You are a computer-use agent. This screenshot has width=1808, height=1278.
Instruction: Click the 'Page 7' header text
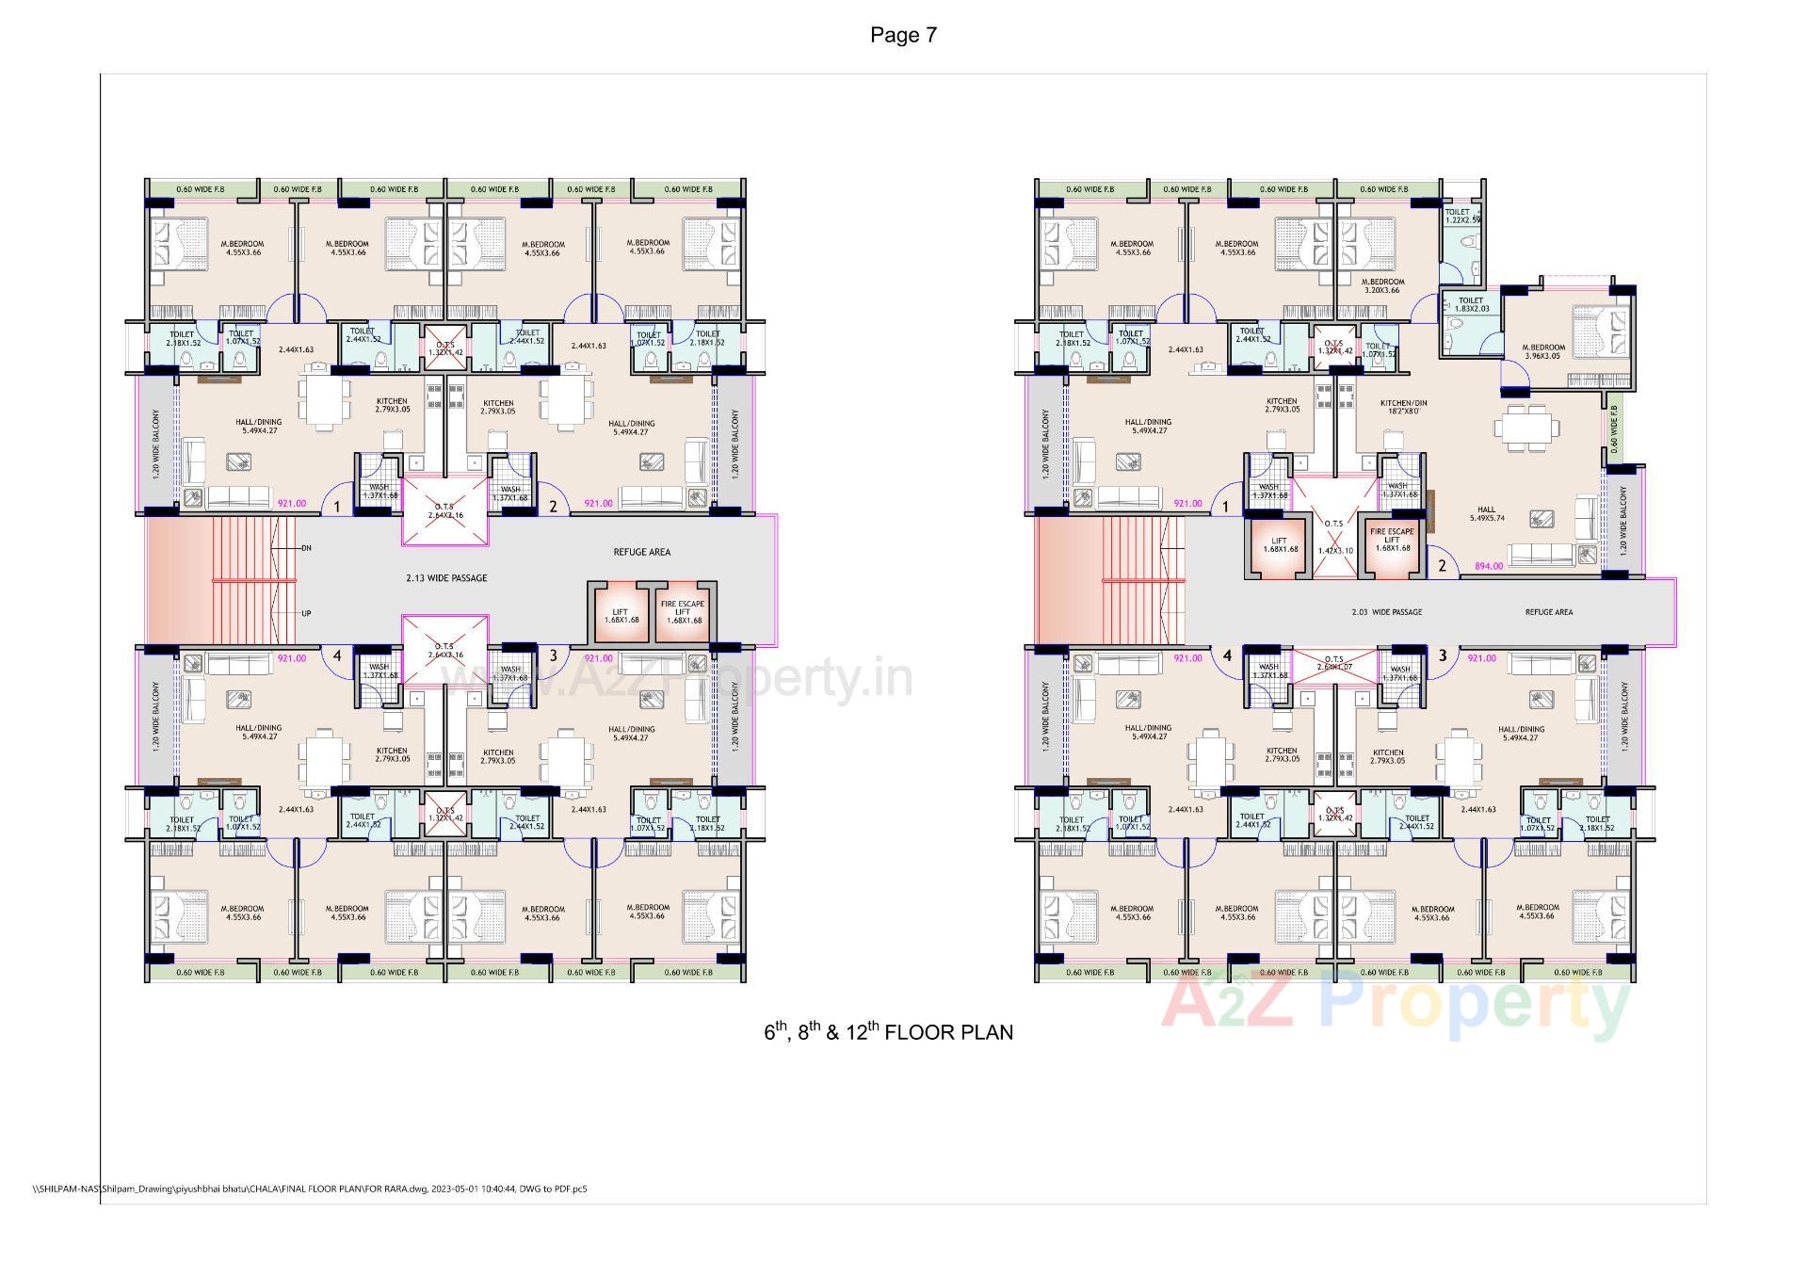[x=903, y=36]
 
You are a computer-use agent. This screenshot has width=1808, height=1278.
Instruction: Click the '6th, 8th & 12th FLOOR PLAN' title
[x=888, y=1032]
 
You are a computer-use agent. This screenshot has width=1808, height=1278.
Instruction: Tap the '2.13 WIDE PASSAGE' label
[x=446, y=578]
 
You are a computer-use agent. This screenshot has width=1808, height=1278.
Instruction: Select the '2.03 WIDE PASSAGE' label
[x=1386, y=612]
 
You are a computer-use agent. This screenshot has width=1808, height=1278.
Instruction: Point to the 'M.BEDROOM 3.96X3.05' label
[x=1543, y=352]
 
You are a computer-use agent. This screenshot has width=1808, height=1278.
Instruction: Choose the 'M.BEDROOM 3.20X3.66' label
[x=1383, y=285]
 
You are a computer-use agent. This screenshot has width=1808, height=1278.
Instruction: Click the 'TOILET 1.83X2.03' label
[x=1471, y=305]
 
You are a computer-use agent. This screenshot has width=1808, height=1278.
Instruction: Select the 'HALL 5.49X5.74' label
[x=1486, y=514]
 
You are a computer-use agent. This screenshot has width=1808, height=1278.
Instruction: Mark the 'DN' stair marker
[x=306, y=548]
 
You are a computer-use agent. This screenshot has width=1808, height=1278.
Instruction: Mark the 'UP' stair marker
[x=306, y=614]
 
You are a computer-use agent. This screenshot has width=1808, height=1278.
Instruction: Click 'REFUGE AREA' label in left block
[x=641, y=552]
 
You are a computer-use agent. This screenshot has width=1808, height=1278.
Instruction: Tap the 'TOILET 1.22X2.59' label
[x=1461, y=217]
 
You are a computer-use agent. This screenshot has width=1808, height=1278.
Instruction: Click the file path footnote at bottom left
[x=310, y=1189]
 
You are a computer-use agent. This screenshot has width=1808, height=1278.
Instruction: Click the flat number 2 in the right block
[x=1442, y=567]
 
